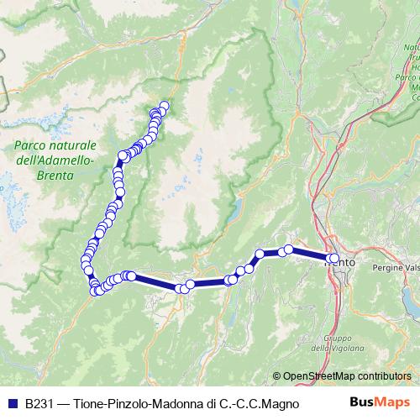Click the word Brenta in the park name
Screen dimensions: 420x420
tap(56, 176)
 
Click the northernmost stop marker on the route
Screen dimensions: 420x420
tap(164, 106)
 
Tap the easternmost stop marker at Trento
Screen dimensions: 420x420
tap(336, 259)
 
